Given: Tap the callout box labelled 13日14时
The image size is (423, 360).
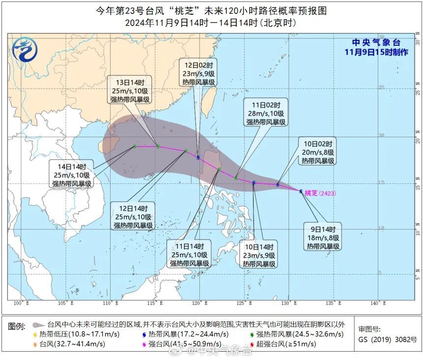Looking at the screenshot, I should [130, 90].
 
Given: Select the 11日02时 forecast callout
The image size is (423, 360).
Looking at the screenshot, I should [266, 113].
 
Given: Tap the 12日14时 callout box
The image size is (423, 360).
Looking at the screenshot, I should [134, 216].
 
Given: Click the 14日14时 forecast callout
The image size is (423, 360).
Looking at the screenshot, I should [72, 175].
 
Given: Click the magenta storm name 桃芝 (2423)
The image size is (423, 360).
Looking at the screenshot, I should [320, 193].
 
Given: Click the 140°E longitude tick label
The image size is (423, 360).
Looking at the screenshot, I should [378, 302].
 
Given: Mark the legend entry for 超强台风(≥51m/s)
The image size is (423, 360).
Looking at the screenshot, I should [284, 344].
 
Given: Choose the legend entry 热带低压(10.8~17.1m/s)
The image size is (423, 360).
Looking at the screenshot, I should [70, 334].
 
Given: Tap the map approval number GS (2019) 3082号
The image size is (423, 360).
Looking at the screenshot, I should [387, 339].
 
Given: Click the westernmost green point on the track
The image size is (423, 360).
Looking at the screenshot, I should [135, 147].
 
